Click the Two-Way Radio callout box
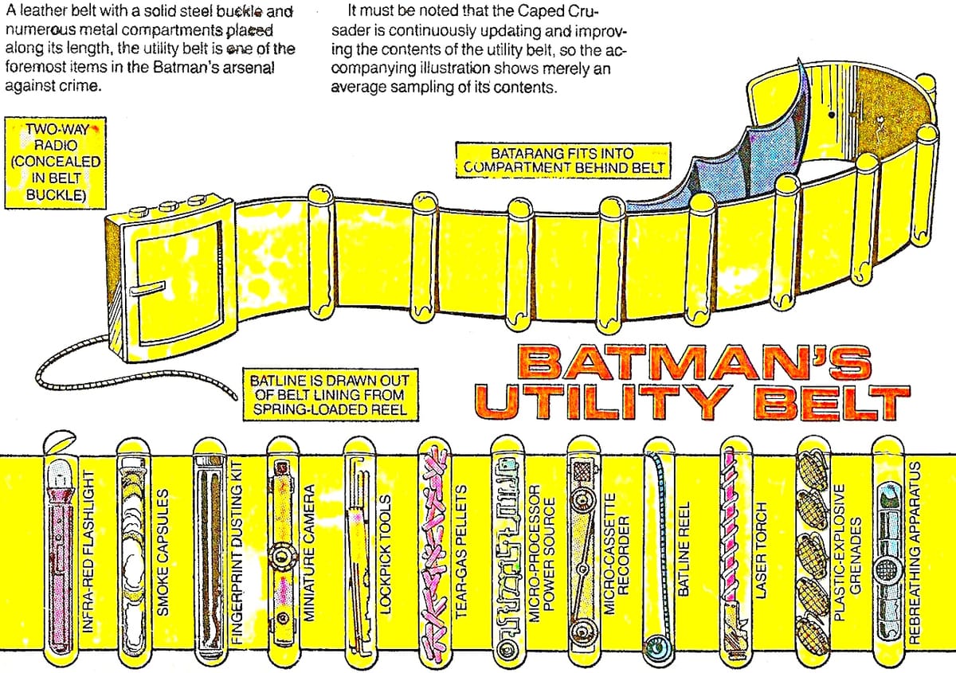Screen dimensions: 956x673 [55, 162]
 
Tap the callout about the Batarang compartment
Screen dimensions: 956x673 [563, 160]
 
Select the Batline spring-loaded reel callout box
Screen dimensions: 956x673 [331, 395]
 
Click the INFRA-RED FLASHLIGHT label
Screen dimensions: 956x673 [88, 551]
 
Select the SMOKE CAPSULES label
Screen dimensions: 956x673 [163, 552]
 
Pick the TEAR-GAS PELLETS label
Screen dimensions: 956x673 [461, 551]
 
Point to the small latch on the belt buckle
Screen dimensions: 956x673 [147, 288]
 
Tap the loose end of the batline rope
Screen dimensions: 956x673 [236, 397]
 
